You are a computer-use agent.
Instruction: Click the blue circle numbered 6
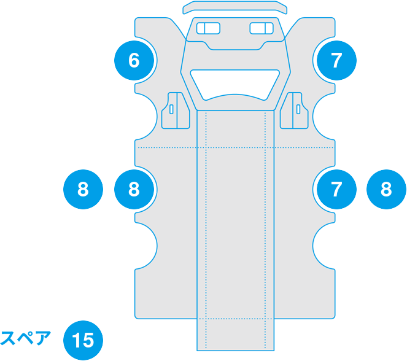(134, 60)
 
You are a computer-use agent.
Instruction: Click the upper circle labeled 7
(335, 60)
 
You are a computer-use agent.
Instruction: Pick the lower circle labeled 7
(335, 189)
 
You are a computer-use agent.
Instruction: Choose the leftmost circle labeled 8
(83, 189)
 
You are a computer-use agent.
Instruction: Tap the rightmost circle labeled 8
(386, 189)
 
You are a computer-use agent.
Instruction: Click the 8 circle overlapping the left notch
(134, 189)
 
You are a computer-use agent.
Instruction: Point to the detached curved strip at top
(235, 7)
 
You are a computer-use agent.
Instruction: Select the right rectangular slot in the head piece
(262, 28)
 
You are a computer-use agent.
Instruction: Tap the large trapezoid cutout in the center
(235, 83)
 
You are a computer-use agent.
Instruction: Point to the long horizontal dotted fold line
(166, 148)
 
